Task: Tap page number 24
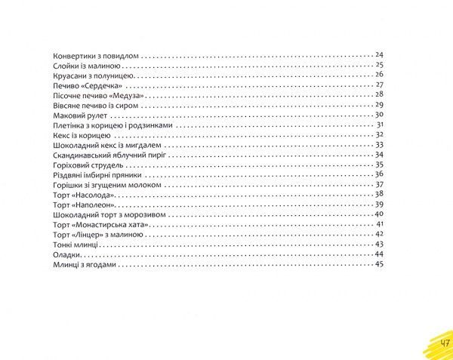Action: click(380, 56)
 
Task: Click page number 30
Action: click(380, 115)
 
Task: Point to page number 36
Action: click(380, 174)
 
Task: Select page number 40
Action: click(380, 214)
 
